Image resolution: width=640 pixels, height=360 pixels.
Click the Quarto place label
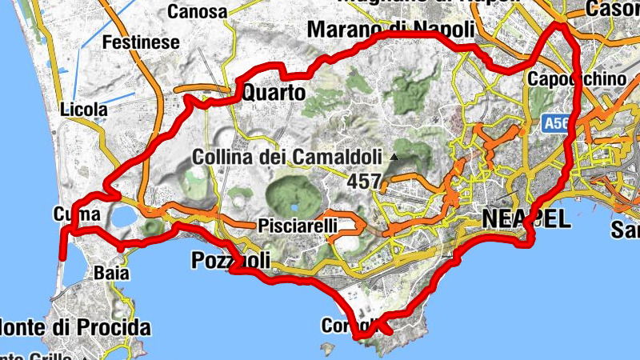coord(273,94)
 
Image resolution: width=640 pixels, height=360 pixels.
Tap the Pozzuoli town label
coord(231,261)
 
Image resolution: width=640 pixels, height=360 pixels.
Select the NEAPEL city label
coord(526,217)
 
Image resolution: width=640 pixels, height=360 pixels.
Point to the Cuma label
coord(76,214)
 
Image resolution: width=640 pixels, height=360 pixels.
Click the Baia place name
coord(111,273)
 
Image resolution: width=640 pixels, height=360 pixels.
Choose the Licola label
coord(83,109)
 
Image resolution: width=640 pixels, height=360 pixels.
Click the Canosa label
coord(197,12)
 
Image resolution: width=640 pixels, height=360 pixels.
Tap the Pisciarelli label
coord(298,227)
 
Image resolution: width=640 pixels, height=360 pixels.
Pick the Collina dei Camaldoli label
coord(289,158)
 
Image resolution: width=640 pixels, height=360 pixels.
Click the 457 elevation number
coord(363,182)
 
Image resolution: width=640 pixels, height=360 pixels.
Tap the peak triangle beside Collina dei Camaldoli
coord(393,158)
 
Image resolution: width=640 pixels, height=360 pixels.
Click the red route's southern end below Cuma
coord(62,258)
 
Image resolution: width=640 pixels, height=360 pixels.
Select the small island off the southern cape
coord(326,348)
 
